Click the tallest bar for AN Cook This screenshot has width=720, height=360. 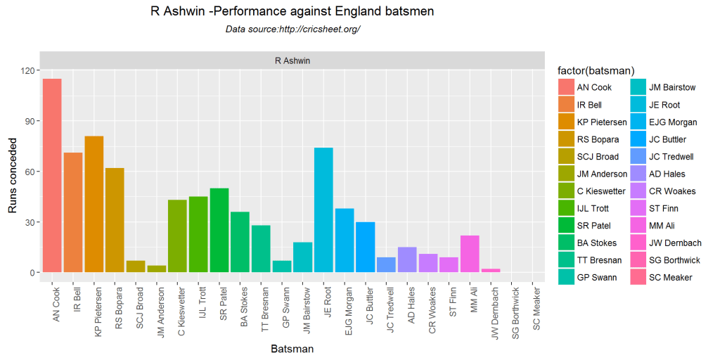(x=52, y=175)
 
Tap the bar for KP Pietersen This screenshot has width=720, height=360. (x=94, y=204)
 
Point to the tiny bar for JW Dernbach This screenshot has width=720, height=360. (x=491, y=271)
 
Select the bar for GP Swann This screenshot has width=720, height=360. (x=282, y=266)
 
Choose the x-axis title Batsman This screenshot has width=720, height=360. (x=292, y=348)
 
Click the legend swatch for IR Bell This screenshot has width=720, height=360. (x=565, y=105)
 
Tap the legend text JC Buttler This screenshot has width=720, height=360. (x=668, y=139)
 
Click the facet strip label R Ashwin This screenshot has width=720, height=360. (x=292, y=60)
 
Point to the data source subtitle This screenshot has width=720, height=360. (x=292, y=30)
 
